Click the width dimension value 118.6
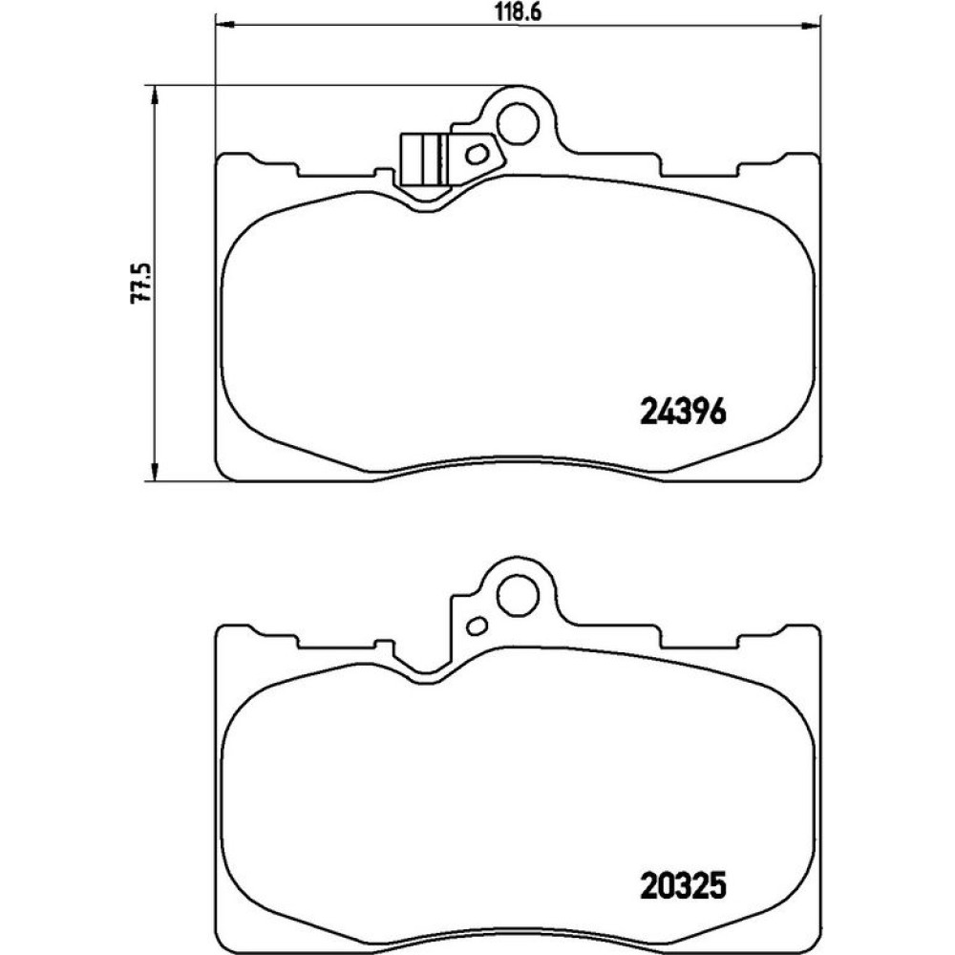tap(519, 11)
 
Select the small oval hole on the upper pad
tap(477, 154)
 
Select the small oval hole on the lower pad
tap(477, 625)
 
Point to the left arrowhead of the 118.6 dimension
tap(224, 25)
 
